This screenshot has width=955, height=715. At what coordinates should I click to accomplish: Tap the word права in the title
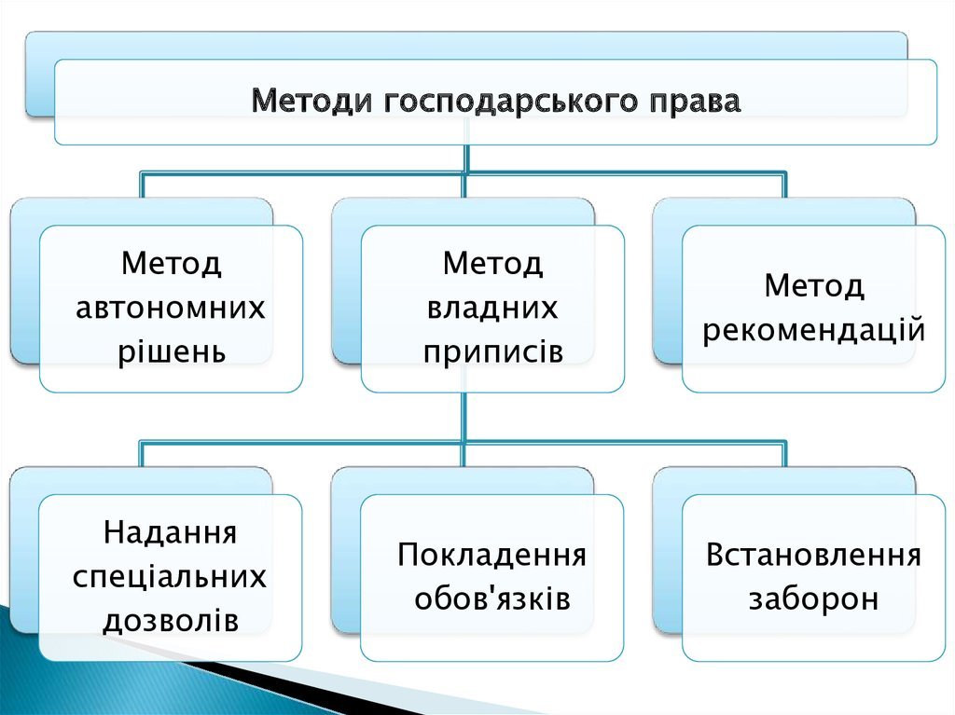click(x=694, y=100)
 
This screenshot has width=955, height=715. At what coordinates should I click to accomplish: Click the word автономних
click(x=171, y=308)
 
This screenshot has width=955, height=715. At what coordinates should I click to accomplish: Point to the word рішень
click(x=171, y=351)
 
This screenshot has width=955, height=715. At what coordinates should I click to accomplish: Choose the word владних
click(x=492, y=308)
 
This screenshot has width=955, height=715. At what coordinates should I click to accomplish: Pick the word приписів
click(x=492, y=352)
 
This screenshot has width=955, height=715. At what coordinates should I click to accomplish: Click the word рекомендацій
click(x=814, y=329)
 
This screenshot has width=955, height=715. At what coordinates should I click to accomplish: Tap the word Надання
click(x=171, y=533)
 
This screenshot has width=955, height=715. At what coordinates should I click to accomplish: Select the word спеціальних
click(x=171, y=577)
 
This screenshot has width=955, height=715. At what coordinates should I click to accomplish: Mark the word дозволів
click(x=171, y=621)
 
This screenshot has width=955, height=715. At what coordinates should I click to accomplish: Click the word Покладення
click(x=492, y=556)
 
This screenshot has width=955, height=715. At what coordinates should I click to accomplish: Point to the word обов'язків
click(x=492, y=598)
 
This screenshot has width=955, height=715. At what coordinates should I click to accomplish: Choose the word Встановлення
click(x=814, y=556)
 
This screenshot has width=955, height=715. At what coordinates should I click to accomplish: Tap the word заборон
click(x=814, y=598)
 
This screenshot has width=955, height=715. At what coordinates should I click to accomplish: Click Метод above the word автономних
click(x=171, y=264)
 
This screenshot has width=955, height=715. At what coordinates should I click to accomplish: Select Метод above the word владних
click(x=492, y=264)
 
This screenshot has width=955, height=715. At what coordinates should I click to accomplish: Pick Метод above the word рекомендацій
click(x=814, y=285)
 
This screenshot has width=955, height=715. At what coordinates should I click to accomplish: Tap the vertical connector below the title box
click(x=466, y=158)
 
